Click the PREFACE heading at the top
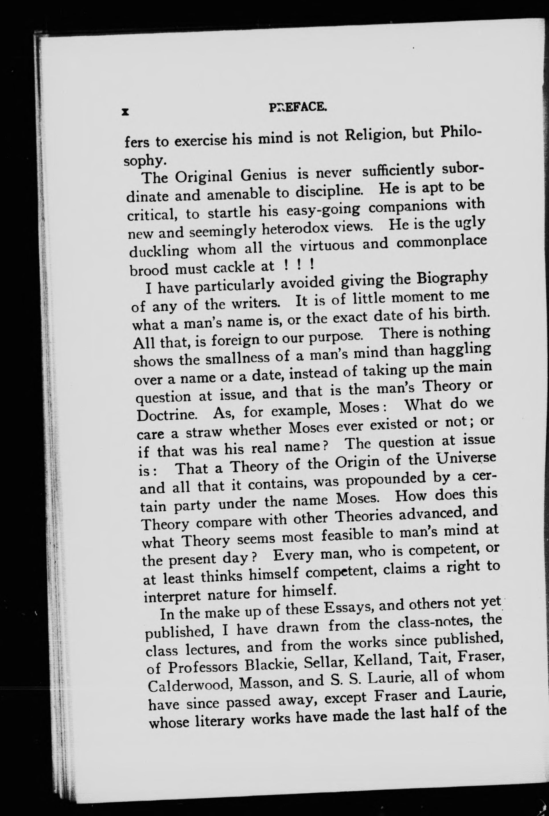(x=298, y=106)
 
